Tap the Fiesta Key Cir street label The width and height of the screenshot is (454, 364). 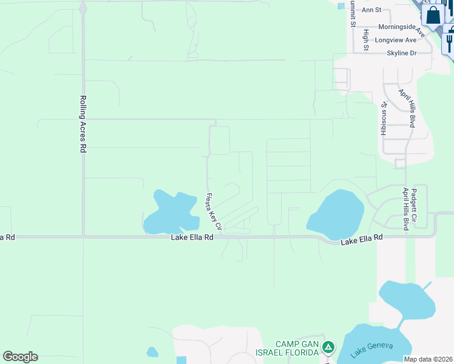(x=214, y=211)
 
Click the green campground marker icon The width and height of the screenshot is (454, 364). (x=328, y=348)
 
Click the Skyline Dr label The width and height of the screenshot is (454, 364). (x=402, y=53)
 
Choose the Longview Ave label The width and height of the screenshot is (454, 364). (x=396, y=40)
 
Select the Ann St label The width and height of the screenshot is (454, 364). (x=370, y=10)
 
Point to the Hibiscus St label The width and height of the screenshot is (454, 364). (x=384, y=119)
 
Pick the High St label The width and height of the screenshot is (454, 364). (x=366, y=39)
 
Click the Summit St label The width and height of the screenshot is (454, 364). (x=351, y=15)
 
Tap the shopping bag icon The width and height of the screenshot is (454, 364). (x=433, y=15)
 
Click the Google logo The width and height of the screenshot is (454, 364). (x=20, y=357)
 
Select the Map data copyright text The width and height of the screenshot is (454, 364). (x=429, y=359)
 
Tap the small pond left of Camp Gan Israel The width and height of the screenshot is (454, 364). (x=152, y=352)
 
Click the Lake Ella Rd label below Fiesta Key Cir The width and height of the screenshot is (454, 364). (x=192, y=238)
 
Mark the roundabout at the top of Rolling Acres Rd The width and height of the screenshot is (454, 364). (x=83, y=8)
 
